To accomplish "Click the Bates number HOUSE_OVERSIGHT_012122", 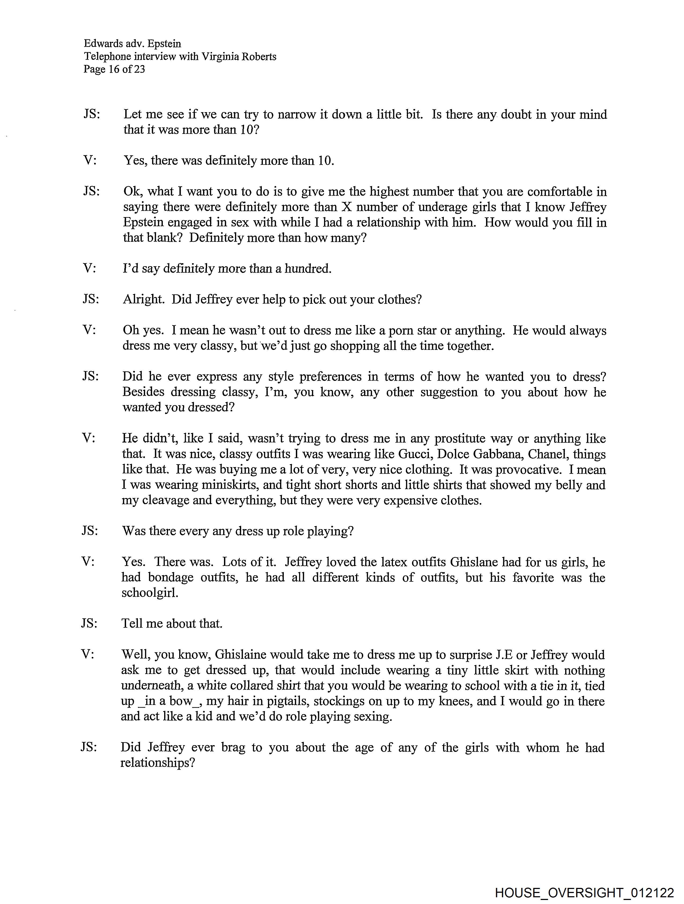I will click(x=584, y=892).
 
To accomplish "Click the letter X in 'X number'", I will click(x=346, y=207).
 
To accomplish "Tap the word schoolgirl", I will click(x=150, y=593).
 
